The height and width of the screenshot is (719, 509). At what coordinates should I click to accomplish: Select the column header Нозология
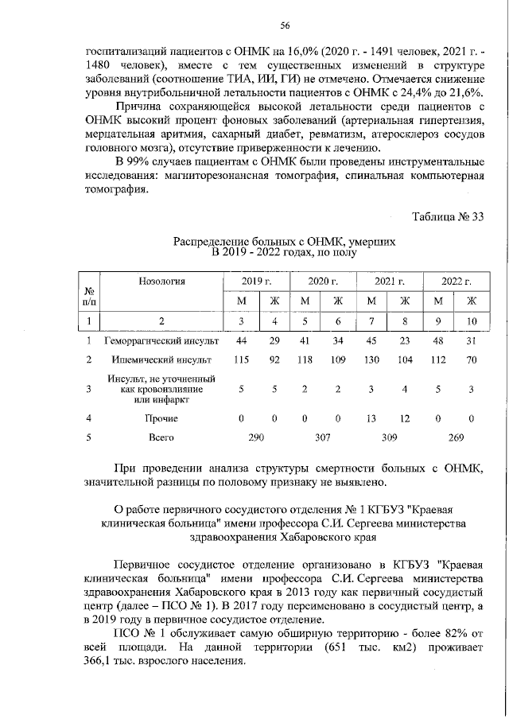(161, 281)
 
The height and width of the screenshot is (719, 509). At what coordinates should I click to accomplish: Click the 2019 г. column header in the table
(256, 281)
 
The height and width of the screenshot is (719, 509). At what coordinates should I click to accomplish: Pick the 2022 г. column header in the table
(456, 281)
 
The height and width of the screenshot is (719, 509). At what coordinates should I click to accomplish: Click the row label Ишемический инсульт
(161, 359)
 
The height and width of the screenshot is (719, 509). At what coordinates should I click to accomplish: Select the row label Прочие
(161, 418)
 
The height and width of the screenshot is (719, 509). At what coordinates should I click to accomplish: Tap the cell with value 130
(371, 359)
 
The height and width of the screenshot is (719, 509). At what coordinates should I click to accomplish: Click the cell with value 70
(471, 359)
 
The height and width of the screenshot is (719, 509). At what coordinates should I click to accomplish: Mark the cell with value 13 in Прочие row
(371, 418)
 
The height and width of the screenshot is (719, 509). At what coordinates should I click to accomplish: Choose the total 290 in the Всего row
(255, 437)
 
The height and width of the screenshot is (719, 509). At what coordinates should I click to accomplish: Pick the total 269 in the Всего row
(454, 437)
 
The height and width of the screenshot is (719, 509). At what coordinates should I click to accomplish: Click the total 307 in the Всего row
(321, 437)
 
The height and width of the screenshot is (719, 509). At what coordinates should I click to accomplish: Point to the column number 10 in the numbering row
(471, 321)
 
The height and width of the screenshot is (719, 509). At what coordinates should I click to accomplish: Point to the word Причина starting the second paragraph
(141, 107)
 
